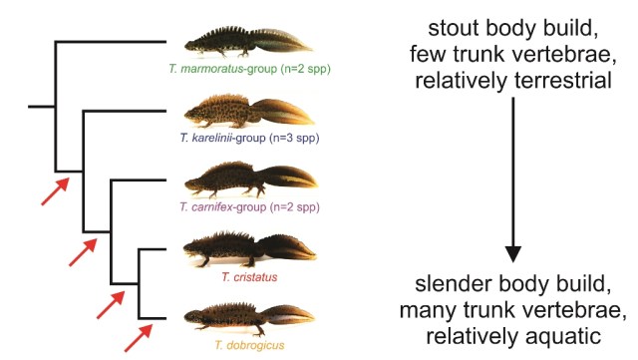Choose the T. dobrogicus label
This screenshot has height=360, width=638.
point(249,344)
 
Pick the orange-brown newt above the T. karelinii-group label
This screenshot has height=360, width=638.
point(249,112)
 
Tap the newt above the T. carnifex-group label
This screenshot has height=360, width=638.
point(249,182)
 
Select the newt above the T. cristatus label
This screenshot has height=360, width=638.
point(249,249)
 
